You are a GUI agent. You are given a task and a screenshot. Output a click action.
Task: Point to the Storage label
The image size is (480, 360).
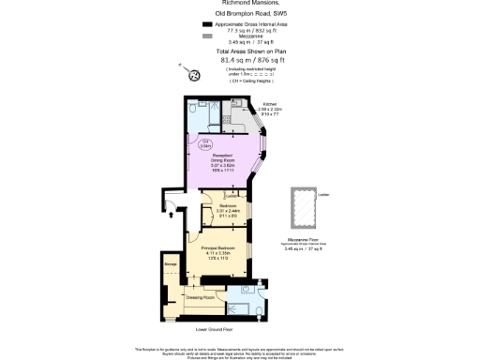pyautogui.click(x=171, y=264)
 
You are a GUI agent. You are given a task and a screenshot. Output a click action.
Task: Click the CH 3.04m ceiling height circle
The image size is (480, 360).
pyautogui.click(x=204, y=142)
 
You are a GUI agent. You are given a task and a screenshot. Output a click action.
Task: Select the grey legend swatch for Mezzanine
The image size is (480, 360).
pyautogui.click(x=206, y=37)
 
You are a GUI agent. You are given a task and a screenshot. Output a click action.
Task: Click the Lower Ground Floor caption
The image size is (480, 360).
pyautogui.click(x=214, y=330)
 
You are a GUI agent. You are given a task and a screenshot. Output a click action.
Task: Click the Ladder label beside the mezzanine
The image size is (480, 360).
pyautogui.click(x=323, y=194)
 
